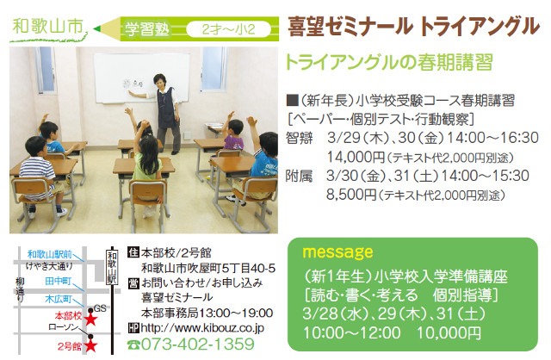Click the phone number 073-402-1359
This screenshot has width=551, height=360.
[x=197, y=344]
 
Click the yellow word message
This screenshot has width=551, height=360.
[x=337, y=252]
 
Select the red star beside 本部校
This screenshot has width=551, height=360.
[x=91, y=320]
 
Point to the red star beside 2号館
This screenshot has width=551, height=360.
[x=91, y=346]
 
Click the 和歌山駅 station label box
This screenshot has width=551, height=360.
[x=112, y=268]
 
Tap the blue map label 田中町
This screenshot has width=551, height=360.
[x=59, y=282]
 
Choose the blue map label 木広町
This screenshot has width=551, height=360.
[x=59, y=299]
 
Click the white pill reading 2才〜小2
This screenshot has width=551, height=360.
[x=229, y=29]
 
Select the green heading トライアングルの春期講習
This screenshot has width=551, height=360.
[x=389, y=63]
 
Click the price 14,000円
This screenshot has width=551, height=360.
[x=356, y=157]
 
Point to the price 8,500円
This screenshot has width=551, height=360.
[x=351, y=195]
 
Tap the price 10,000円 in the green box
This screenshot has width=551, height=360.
[x=449, y=333]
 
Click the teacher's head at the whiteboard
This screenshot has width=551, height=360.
[x=159, y=81]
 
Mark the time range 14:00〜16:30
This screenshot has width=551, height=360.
[x=492, y=138]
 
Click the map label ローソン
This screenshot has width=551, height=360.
[x=64, y=327]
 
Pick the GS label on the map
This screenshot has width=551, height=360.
[x=100, y=308]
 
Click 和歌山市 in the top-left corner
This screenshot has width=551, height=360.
[x=47, y=27]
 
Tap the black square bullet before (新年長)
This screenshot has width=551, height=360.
[x=293, y=101]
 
